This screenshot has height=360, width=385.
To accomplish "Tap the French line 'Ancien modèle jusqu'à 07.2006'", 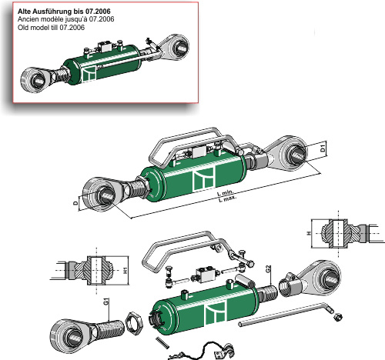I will tap(62, 20).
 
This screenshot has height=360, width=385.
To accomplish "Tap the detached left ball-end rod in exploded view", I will tap(81, 328).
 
